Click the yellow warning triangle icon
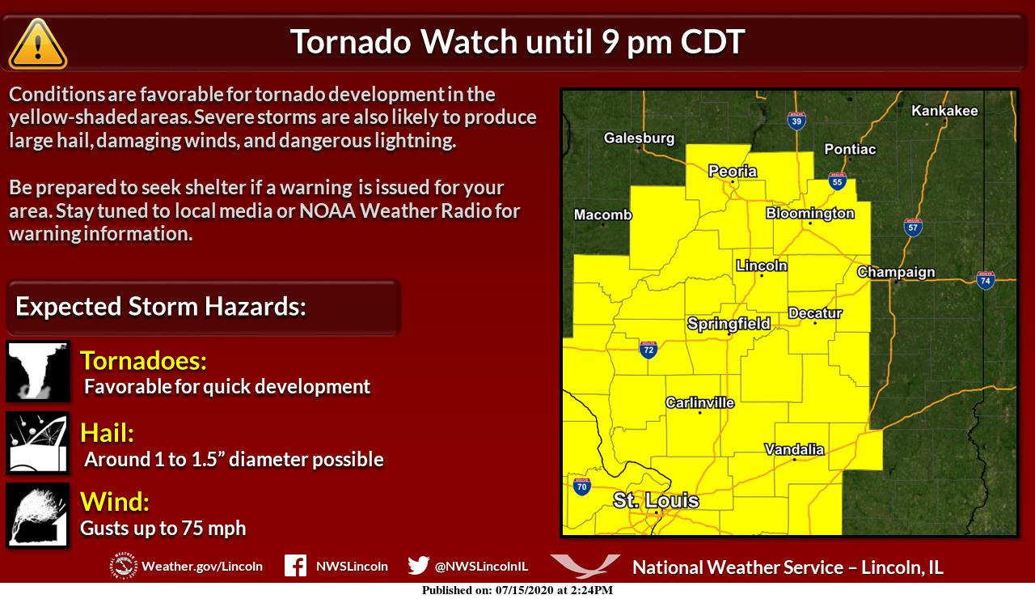pos(37,44)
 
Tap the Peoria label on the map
pos(732,171)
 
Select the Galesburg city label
pos(638,138)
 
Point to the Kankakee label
pos(944,111)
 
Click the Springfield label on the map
pos(728,324)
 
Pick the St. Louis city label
pos(655,501)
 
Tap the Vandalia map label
pos(793,449)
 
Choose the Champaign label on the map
pos(895,273)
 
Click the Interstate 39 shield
pos(796,121)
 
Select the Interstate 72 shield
pos(648,349)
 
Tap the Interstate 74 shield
pos(985,280)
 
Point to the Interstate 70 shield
pos(581,486)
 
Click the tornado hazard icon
pos(38,372)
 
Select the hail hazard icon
pos(38,443)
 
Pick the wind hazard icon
pos(38,515)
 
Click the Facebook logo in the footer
pos(295,566)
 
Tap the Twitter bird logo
pos(418,566)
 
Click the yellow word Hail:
pos(107,433)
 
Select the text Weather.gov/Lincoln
pos(201,567)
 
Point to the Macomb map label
pos(602,215)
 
